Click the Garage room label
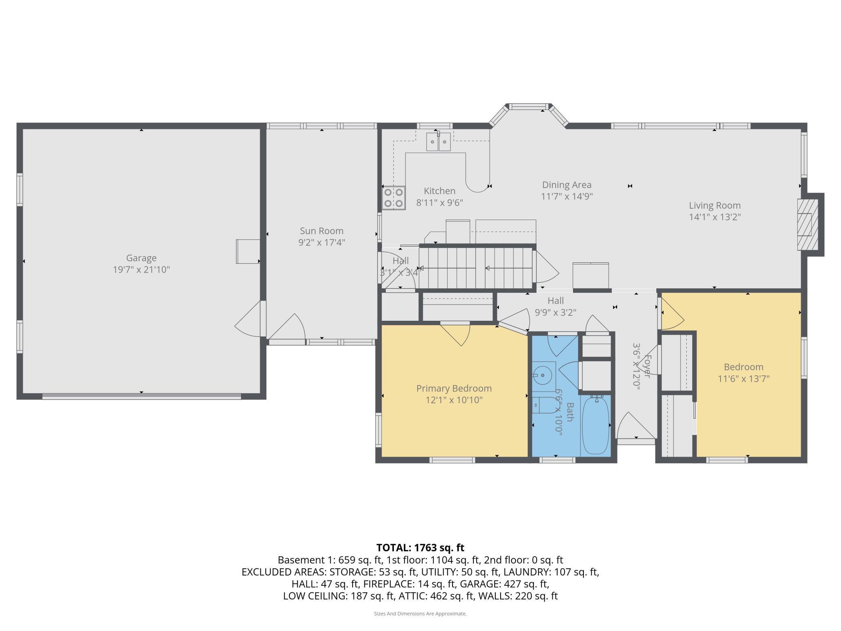141,258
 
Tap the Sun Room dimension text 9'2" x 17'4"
321,242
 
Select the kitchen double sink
438,142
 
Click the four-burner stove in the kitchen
394,197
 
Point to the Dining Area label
566,185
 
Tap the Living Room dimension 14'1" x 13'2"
714,217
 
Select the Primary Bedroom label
454,388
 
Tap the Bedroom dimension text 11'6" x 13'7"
743,379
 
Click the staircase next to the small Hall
475,268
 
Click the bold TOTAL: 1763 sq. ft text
420,548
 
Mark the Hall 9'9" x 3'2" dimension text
556,312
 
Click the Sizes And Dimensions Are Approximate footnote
420,614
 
